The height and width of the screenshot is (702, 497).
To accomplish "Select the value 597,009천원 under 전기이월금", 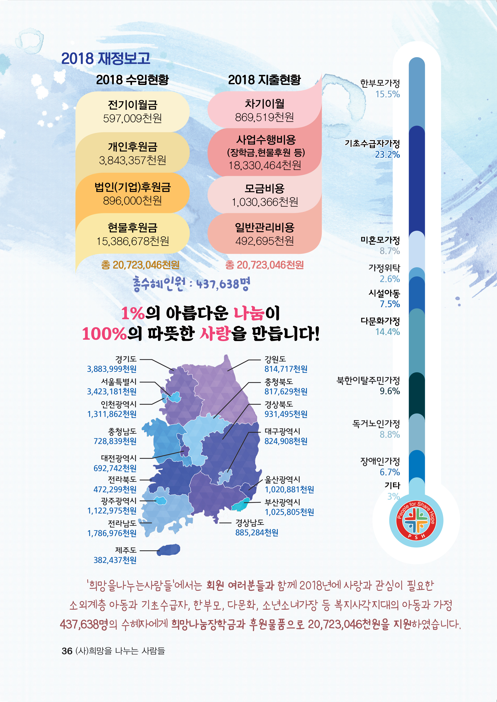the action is click(133, 118).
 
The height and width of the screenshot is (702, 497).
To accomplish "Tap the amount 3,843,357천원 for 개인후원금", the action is click(133, 160).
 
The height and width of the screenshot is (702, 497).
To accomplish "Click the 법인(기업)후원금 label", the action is click(133, 187).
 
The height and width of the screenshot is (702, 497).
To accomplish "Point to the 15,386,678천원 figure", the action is click(133, 241).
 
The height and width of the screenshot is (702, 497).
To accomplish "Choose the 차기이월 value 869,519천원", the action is click(264, 117).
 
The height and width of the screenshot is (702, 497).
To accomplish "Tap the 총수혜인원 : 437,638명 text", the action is click(191, 284).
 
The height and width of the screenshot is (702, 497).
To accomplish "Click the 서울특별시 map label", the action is click(119, 382).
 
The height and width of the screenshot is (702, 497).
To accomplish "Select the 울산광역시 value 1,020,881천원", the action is click(289, 489).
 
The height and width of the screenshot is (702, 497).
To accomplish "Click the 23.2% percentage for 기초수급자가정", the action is click(387, 155).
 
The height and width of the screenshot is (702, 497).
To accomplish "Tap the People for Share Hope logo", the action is click(416, 520).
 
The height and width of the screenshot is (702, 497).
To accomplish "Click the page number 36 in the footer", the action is click(67, 651).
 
